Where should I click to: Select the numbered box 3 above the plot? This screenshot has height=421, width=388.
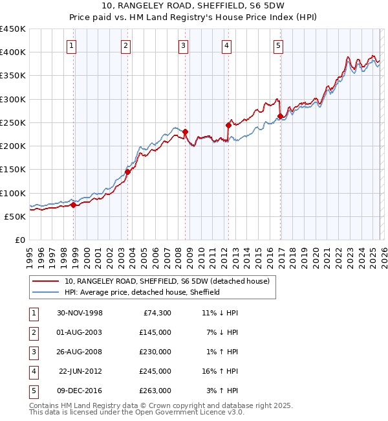183,45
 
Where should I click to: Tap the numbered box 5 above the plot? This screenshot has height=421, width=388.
278,45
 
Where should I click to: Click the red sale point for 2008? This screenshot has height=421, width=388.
185,132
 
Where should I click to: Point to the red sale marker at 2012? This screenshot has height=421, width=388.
228,125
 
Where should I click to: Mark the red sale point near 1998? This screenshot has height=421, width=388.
73,205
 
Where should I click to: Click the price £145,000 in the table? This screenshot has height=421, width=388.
156,332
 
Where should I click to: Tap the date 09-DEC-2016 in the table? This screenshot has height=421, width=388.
80,391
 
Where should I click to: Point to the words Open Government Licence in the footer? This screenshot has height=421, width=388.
184,412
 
